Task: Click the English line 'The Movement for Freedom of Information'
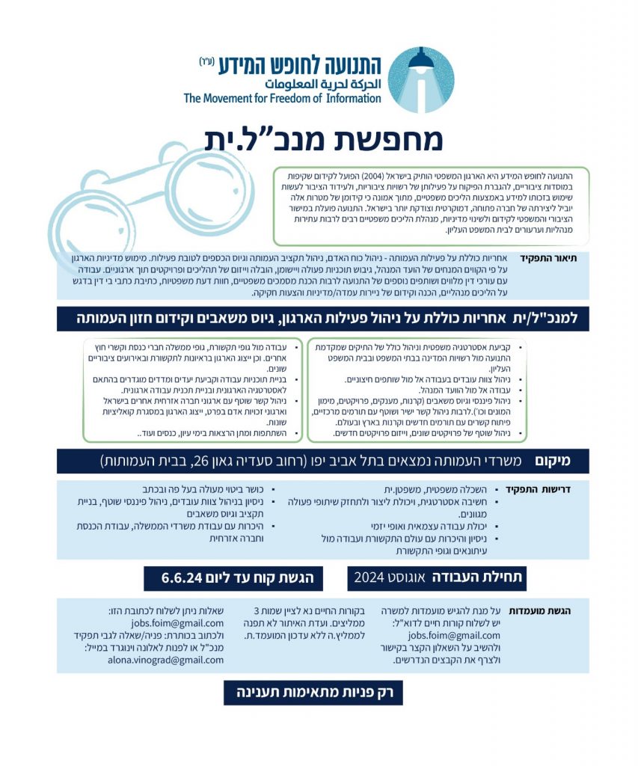[x=282, y=99]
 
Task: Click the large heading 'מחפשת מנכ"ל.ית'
[x=324, y=138]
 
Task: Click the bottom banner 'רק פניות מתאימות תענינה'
[x=313, y=692]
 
